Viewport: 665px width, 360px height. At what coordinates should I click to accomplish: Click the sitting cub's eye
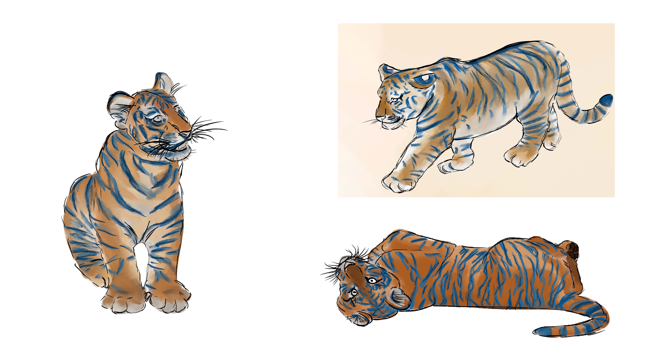pos(157,118)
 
